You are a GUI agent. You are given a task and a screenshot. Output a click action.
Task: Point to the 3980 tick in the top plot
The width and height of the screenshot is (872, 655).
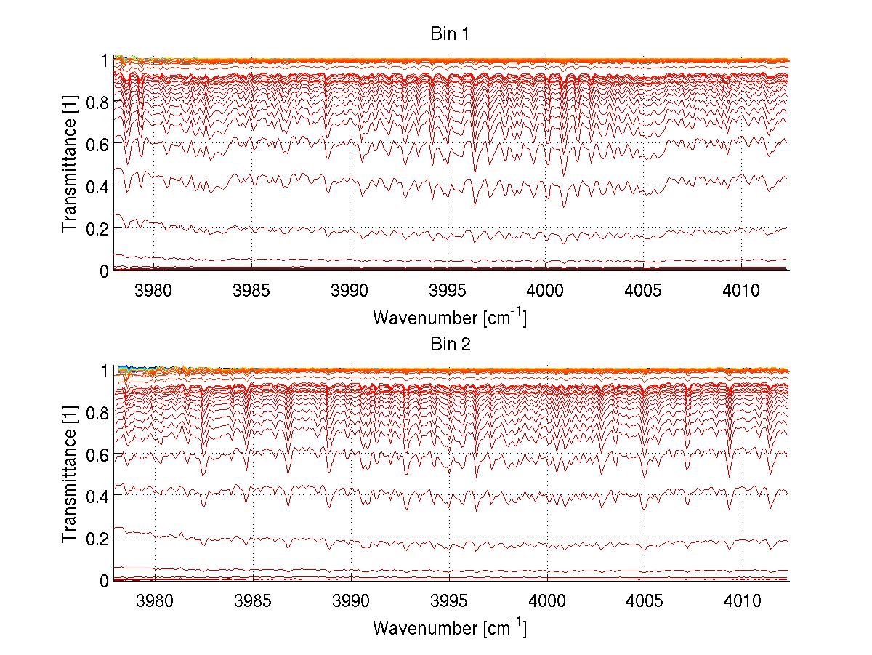tap(154, 292)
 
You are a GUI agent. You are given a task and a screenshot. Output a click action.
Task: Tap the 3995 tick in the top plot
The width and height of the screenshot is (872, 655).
tap(448, 292)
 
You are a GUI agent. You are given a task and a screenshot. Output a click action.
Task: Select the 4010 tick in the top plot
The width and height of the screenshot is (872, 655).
tap(741, 292)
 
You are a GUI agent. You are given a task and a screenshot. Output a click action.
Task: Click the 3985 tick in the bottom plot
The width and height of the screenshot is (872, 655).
tap(252, 601)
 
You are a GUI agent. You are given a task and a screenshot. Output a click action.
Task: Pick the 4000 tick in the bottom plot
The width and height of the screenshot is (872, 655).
tap(546, 601)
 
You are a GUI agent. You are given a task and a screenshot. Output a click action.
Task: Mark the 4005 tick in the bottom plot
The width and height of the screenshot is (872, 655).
tap(645, 601)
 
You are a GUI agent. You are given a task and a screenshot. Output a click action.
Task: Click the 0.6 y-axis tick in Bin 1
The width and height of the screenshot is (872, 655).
tap(98, 144)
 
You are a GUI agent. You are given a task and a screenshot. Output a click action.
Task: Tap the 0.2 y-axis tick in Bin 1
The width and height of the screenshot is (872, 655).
tap(98, 228)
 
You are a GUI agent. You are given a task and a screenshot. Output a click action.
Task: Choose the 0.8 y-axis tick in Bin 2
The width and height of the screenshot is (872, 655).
tap(98, 412)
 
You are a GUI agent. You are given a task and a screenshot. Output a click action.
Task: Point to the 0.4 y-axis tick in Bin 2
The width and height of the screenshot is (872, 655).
tap(98, 496)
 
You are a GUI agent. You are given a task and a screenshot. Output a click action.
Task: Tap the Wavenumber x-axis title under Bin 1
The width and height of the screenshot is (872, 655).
tap(449, 317)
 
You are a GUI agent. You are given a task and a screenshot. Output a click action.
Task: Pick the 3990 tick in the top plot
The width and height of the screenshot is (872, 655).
tap(350, 292)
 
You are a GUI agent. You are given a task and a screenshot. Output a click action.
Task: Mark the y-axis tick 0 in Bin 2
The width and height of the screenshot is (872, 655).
tap(105, 580)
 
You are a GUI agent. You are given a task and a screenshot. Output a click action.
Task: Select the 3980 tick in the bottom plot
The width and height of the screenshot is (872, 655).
tap(154, 601)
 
